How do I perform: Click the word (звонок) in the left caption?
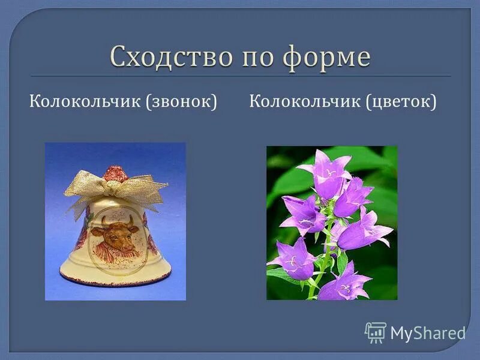point(180,101)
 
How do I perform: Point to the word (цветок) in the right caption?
point(400,101)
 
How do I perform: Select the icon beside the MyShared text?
point(375,332)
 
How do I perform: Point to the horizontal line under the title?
point(240,76)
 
